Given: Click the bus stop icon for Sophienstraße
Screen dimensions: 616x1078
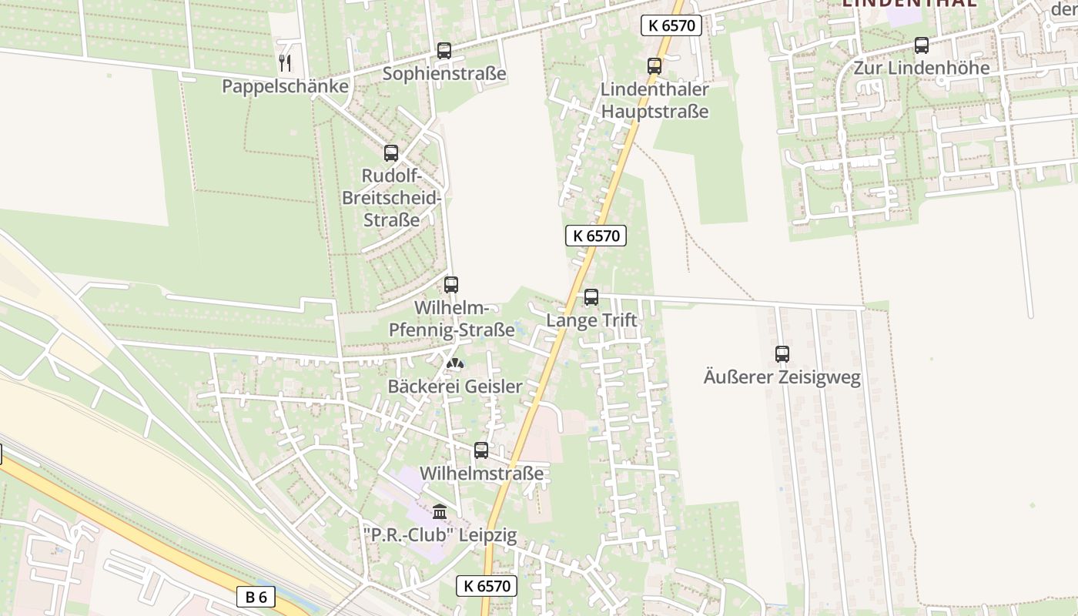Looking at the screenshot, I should click(x=444, y=51).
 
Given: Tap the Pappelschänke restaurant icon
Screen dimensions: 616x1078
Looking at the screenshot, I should click(x=285, y=62).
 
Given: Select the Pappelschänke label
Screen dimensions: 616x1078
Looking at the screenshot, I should click(x=285, y=86).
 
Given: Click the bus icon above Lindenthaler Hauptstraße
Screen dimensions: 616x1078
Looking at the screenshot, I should click(x=654, y=66).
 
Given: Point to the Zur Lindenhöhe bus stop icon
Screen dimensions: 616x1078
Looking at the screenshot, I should click(x=922, y=45).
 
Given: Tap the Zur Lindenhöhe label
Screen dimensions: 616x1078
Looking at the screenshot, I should click(x=922, y=68).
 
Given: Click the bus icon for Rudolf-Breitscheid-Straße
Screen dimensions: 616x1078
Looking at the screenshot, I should click(x=391, y=153).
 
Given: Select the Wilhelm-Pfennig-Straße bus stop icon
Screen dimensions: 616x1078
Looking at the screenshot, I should click(x=451, y=285).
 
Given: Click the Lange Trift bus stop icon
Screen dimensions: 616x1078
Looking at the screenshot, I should click(x=591, y=297).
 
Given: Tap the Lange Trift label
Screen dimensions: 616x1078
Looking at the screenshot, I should click(x=591, y=320).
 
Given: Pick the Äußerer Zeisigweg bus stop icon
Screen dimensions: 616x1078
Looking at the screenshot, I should click(x=782, y=354).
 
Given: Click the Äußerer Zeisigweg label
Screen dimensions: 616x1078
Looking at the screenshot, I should click(x=782, y=377).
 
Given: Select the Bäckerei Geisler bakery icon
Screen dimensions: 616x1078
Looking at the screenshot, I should click(x=455, y=363).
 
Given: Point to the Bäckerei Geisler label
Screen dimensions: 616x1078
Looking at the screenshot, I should click(x=455, y=387).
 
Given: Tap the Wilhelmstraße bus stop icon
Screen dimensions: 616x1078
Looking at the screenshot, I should click(x=481, y=450).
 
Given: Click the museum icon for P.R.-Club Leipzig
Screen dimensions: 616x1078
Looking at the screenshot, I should click(x=440, y=511).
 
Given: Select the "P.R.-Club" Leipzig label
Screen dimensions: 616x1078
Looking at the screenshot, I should click(x=440, y=534).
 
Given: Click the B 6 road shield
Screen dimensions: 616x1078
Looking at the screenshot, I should click(x=256, y=597).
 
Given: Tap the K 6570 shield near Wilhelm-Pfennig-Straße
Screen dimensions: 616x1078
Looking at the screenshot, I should click(x=596, y=236).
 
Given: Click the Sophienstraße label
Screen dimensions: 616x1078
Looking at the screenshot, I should click(x=444, y=74).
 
